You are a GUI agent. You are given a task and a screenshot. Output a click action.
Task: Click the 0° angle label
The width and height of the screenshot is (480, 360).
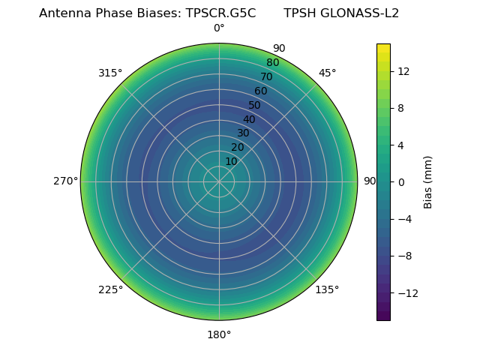(219, 28)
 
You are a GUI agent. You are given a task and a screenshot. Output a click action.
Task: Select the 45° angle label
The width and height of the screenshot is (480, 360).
(327, 73)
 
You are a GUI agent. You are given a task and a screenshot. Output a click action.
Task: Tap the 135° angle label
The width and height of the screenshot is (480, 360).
(327, 289)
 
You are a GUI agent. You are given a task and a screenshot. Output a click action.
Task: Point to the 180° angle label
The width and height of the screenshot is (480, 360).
(219, 334)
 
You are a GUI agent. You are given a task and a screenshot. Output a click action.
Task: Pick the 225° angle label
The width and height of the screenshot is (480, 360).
(110, 289)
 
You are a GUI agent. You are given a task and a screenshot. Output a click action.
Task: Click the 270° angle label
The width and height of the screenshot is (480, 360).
(65, 181)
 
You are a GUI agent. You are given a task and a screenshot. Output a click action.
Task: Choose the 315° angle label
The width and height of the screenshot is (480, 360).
(110, 73)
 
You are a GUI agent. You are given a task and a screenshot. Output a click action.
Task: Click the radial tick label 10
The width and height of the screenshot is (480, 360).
(232, 161)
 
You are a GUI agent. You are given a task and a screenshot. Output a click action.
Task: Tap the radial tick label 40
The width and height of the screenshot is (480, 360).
(249, 119)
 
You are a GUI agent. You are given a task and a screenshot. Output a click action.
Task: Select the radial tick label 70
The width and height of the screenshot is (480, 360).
(266, 76)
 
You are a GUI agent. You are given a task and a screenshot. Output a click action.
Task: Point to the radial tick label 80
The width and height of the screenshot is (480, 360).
(272, 62)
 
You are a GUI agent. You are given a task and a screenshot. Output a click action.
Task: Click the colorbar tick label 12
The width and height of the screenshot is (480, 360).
(403, 71)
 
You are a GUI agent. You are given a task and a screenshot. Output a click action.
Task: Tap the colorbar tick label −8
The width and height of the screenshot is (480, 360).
(405, 256)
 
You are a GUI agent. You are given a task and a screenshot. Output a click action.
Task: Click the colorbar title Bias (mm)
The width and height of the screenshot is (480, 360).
(428, 181)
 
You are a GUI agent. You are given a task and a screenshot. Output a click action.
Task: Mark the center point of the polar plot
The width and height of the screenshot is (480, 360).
(219, 181)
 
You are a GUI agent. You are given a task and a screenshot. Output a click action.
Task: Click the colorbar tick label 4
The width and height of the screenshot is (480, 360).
(401, 145)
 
